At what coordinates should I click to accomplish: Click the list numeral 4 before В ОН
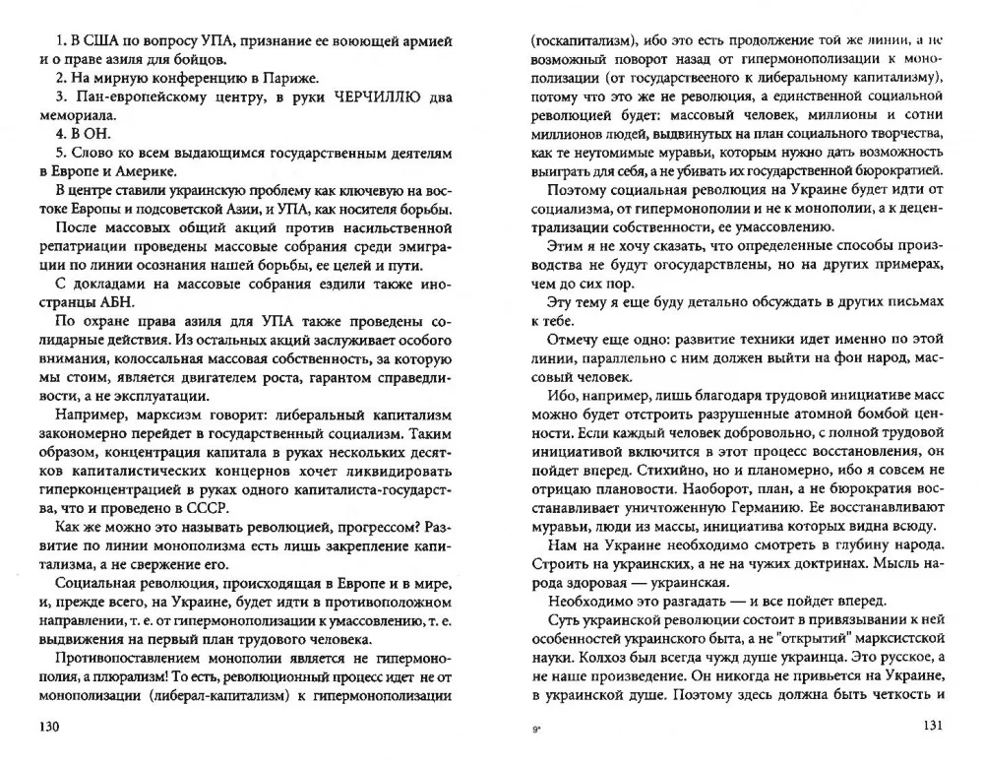click(60, 133)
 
